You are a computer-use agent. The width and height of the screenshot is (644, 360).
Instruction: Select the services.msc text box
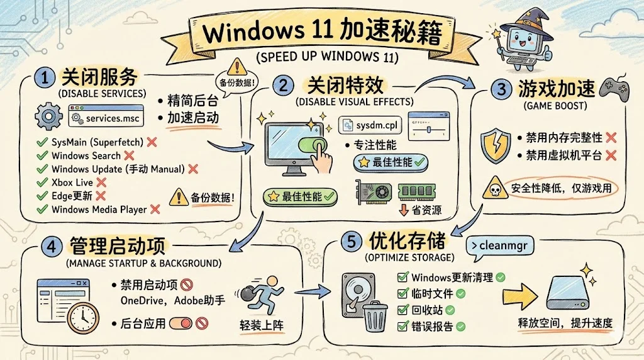106,117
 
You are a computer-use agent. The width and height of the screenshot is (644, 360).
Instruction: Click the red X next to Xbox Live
99,183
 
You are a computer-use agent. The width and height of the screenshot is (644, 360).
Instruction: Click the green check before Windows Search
43,155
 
